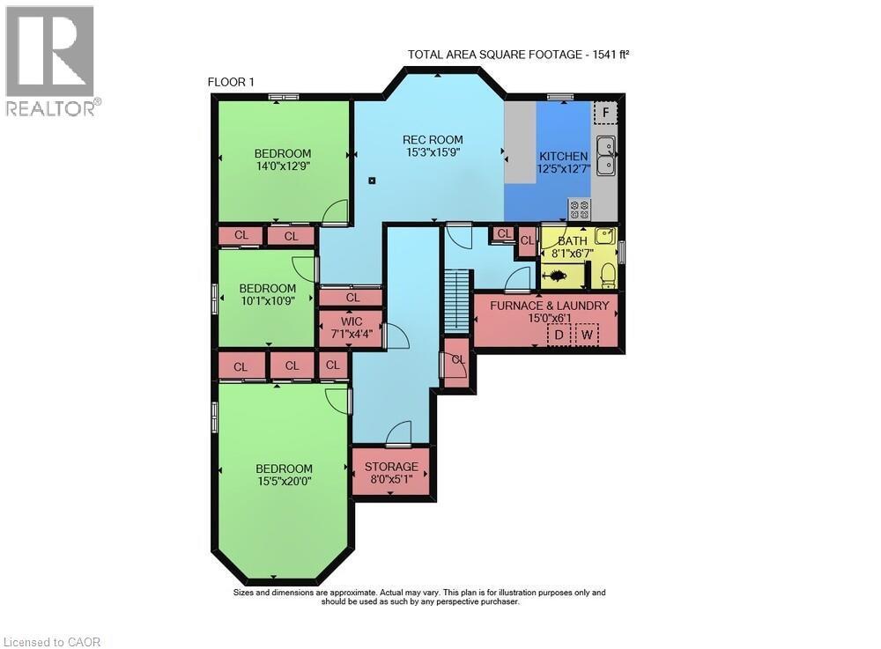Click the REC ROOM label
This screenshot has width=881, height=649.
pyautogui.click(x=433, y=139)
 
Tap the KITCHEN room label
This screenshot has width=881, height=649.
pyautogui.click(x=563, y=156)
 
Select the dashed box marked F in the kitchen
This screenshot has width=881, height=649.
pyautogui.click(x=604, y=114)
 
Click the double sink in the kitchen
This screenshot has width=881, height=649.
pyautogui.click(x=605, y=156)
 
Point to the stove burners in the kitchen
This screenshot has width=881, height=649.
pyautogui.click(x=579, y=210)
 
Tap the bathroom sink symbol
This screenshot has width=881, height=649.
pyautogui.click(x=603, y=235)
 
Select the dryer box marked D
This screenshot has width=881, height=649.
pyautogui.click(x=558, y=336)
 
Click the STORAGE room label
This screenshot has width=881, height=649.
pyautogui.click(x=390, y=467)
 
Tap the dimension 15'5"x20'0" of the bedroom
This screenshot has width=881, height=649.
pyautogui.click(x=285, y=482)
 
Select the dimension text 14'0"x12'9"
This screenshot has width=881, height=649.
pyautogui.click(x=283, y=166)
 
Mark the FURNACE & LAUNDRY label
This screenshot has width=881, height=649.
pyautogui.click(x=544, y=306)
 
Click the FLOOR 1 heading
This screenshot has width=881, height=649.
pyautogui.click(x=231, y=82)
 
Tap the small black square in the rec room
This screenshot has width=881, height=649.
pyautogui.click(x=373, y=181)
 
